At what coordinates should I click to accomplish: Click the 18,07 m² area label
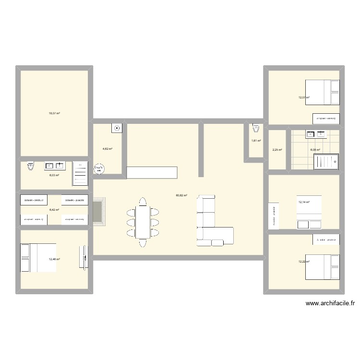tap(54, 113)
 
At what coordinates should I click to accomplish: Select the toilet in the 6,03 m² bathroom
tap(31, 166)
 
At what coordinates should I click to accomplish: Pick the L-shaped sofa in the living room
tap(211, 226)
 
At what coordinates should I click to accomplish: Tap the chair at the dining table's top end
tap(143, 201)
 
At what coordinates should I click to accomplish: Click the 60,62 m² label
tap(181, 195)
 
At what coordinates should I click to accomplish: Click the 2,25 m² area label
tap(277, 150)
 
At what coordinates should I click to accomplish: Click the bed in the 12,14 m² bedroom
tap(309, 212)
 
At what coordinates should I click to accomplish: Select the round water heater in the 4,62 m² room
tap(100, 168)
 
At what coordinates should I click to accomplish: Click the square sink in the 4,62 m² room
tap(117, 128)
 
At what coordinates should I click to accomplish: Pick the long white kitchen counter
tap(152, 172)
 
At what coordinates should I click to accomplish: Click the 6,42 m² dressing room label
tap(54, 210)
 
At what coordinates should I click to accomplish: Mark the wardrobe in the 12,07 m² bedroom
tap(326, 118)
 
